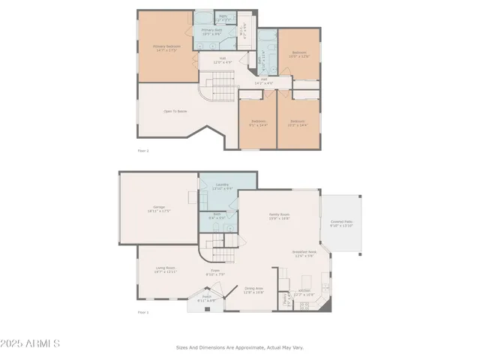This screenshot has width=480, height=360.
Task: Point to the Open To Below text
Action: pos(175,112)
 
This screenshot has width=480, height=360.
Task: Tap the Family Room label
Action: pos(280,215)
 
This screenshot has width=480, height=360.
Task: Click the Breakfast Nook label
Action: pos(304,253)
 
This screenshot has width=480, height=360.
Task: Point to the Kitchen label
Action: pos(304,291)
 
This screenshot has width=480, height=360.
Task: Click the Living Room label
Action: pos(165,268)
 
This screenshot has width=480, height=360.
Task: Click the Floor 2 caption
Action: pos(143,151)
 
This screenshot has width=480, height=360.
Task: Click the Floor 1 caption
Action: pos(143,312)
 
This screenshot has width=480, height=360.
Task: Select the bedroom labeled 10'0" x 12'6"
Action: pos(299,55)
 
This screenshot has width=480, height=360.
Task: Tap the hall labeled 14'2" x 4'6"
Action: pos(264,80)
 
